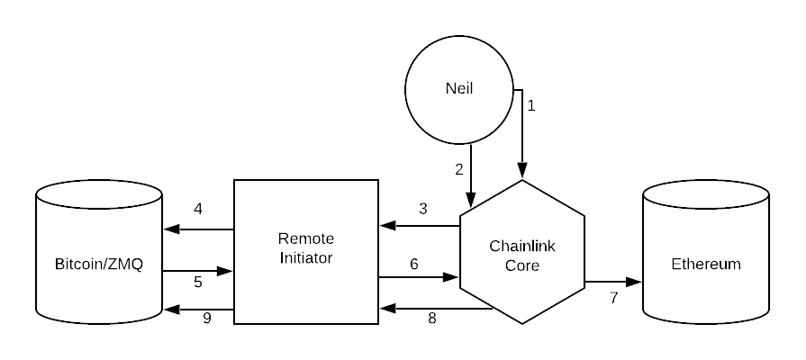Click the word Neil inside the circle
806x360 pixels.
pos(458,89)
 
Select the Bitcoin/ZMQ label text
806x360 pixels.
pos(99,265)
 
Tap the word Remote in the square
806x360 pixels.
pos(306,238)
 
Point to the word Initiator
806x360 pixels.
pos(306,257)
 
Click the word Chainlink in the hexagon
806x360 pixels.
pos(521,246)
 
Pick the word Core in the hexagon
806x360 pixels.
pos(521,265)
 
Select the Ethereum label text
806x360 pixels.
pos(706,264)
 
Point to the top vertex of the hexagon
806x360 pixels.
pos(522,182)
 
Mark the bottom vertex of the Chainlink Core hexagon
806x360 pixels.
pos(522,322)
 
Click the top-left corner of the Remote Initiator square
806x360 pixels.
pos(236,182)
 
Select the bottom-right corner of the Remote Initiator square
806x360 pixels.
pos(376,322)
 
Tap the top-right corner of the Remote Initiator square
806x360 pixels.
pos(376,182)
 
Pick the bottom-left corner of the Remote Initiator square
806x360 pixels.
pos(236,322)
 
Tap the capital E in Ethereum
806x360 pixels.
pos(676,264)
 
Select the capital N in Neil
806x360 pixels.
pos(450,89)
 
